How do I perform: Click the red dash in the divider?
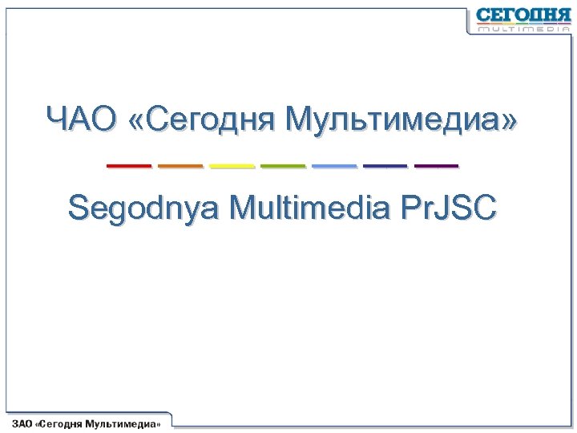(x=128, y=166)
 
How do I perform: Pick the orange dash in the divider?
(x=180, y=166)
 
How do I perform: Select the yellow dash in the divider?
(x=232, y=166)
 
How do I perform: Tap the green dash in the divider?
(x=283, y=166)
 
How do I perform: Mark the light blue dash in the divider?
(x=334, y=166)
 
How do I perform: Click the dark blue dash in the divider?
(x=385, y=166)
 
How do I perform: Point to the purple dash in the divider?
(x=436, y=166)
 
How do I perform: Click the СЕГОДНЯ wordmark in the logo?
(x=523, y=15)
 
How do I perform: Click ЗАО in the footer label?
(x=22, y=423)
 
